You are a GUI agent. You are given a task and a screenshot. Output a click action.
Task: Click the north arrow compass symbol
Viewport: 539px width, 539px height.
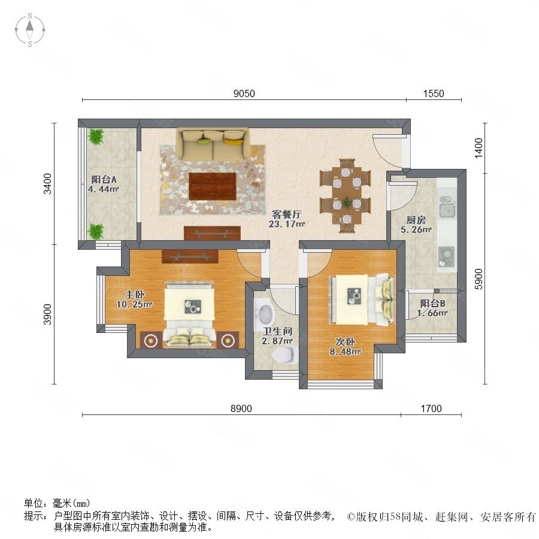coord(30,29)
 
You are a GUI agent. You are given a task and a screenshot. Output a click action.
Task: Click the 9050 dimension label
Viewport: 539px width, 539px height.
coord(244,93)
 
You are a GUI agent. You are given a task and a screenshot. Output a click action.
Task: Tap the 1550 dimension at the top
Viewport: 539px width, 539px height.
coord(434,93)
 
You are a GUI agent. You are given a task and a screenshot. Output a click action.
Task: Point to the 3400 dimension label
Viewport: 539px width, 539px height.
coord(47,184)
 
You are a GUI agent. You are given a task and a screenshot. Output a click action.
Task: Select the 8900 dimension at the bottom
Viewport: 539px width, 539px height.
coord(241,408)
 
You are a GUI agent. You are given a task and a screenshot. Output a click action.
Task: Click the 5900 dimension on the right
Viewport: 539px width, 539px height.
coord(479,279)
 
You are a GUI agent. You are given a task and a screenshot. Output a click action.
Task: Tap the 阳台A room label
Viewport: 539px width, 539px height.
coord(104,179)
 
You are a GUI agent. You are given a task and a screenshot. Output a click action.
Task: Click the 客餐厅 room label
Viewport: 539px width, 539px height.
coord(287,214)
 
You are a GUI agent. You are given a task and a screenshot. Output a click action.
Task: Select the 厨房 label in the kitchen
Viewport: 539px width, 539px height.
coord(416,220)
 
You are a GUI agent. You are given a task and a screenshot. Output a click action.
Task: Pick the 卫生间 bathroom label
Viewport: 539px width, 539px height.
coord(277,331)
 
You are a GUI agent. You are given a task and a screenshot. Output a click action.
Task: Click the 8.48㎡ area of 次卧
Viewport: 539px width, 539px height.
coord(345,352)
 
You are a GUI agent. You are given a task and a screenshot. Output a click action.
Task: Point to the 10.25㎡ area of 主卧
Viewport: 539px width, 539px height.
coord(134,304)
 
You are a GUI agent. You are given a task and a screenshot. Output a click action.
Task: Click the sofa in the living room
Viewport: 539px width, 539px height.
coord(213,144)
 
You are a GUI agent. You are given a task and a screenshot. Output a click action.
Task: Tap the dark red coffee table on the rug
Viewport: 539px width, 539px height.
coord(213,186)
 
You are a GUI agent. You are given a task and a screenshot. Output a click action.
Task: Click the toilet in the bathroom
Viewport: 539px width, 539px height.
coord(284,355)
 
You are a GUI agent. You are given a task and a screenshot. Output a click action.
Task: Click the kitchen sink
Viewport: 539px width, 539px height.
coord(447,207)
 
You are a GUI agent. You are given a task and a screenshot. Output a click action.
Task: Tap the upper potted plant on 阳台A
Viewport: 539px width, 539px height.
coord(96,137)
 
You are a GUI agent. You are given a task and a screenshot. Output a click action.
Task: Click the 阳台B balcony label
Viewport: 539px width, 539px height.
coord(432,303)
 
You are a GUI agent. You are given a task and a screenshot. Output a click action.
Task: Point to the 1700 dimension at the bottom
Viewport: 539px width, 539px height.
coord(431,408)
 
